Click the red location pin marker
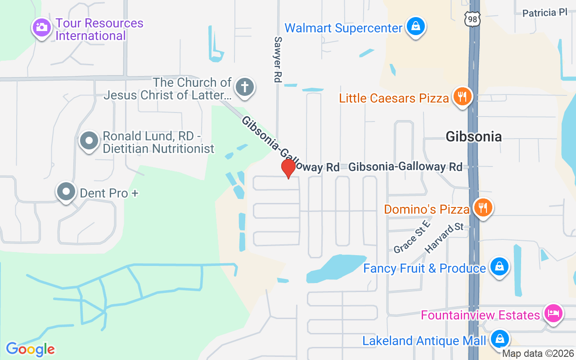tap(288, 169)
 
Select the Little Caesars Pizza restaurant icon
tap(462, 97)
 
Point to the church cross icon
tap(244, 86)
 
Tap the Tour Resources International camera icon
tap(41, 27)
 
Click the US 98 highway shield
tap(472, 18)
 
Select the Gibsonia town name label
tap(473, 136)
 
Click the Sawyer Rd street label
tap(277, 59)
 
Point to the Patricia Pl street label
tap(544, 13)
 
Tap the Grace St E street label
tap(412, 237)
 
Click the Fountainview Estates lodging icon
tap(553, 313)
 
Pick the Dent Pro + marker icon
tap(66, 192)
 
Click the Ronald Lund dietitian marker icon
tap(89, 141)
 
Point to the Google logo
tap(31, 349)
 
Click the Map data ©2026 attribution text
tap(538, 354)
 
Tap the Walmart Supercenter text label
tap(343, 28)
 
